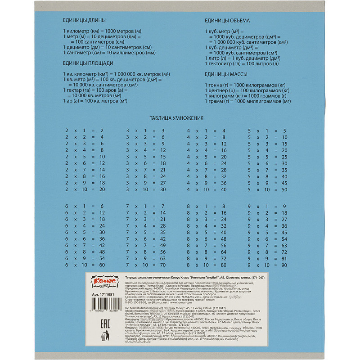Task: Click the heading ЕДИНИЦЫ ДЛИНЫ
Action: coord(85,21)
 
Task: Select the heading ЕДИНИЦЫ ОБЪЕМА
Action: coord(227,21)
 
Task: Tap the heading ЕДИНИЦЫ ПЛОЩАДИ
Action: coord(88,63)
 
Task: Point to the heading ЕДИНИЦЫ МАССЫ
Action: coord(226,74)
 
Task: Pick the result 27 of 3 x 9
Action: coord(163,183)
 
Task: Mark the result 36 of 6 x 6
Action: coord(102,239)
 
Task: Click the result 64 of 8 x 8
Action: coord(223,252)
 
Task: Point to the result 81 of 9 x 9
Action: coord(284,259)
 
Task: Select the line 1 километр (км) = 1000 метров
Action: coord(102,30)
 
